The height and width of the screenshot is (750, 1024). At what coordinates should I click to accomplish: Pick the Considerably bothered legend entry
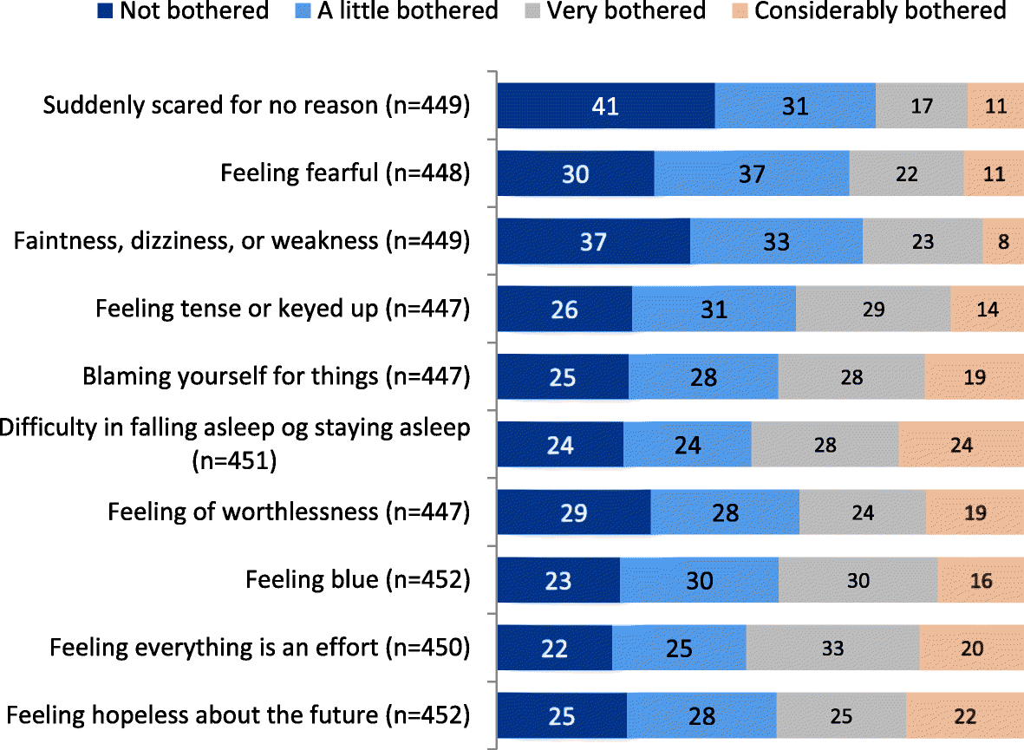[868, 11]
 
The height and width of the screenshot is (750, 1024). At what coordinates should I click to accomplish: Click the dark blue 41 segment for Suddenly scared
[605, 106]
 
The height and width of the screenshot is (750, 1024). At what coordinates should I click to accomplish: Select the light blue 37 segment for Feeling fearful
[751, 173]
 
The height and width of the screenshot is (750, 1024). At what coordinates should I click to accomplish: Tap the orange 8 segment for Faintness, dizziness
[1003, 241]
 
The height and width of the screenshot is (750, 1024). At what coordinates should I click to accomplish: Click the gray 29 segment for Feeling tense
[872, 309]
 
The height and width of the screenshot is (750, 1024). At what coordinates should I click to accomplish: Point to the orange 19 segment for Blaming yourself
[975, 376]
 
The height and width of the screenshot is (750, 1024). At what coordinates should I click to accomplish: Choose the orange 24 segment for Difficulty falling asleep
[961, 444]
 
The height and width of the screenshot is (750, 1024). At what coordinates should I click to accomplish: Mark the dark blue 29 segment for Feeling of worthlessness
[573, 512]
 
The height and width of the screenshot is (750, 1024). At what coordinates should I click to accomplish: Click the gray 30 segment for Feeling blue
[858, 579]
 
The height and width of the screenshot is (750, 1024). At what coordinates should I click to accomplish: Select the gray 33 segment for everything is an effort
[832, 647]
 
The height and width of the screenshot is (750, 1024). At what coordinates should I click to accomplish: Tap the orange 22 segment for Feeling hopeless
[964, 715]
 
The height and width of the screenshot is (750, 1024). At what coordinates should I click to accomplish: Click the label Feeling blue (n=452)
[357, 579]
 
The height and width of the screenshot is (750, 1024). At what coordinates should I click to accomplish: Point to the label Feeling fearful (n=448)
[345, 173]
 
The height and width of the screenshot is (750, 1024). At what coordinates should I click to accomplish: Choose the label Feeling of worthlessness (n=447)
[289, 512]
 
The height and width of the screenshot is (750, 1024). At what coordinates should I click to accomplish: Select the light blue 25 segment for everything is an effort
[679, 647]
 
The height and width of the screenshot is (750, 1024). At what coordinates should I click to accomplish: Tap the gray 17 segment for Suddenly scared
[921, 106]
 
